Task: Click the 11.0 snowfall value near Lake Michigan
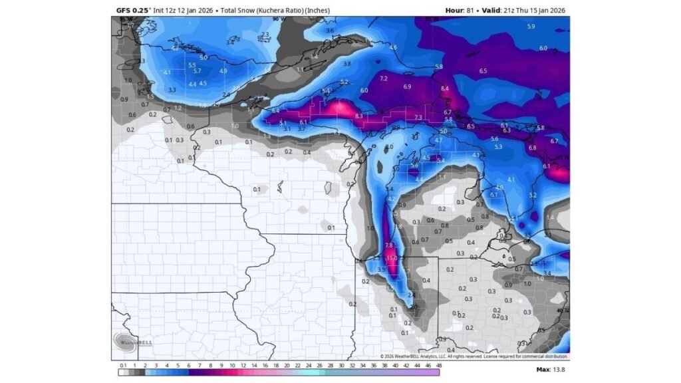coord(392,258)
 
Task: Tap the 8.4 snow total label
coord(445,88)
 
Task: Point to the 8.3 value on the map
coord(360,116)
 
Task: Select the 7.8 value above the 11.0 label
coord(389,245)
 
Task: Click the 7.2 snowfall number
coord(383,78)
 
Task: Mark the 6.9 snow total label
coord(407,86)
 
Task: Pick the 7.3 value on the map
coord(418,117)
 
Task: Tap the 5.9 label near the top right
coord(531,26)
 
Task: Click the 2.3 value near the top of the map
coord(265,34)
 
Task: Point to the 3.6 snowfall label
coord(331,31)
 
